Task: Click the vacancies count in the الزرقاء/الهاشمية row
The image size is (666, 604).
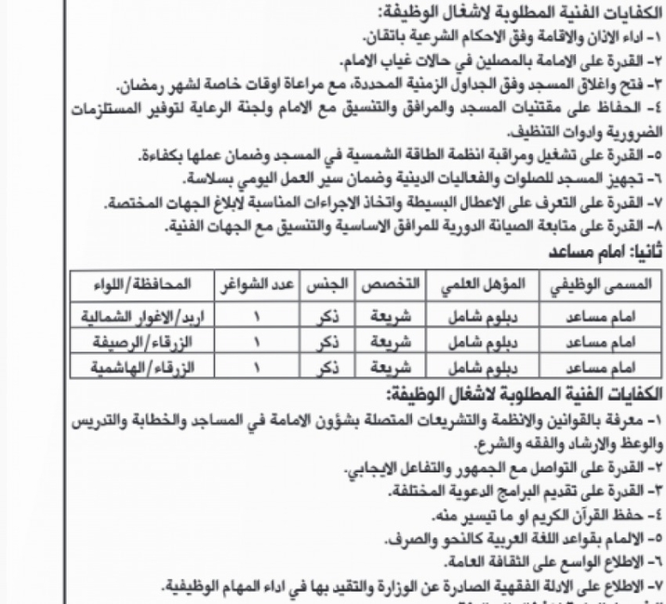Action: pos(256,365)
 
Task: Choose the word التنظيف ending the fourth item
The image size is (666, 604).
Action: pos(509,133)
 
